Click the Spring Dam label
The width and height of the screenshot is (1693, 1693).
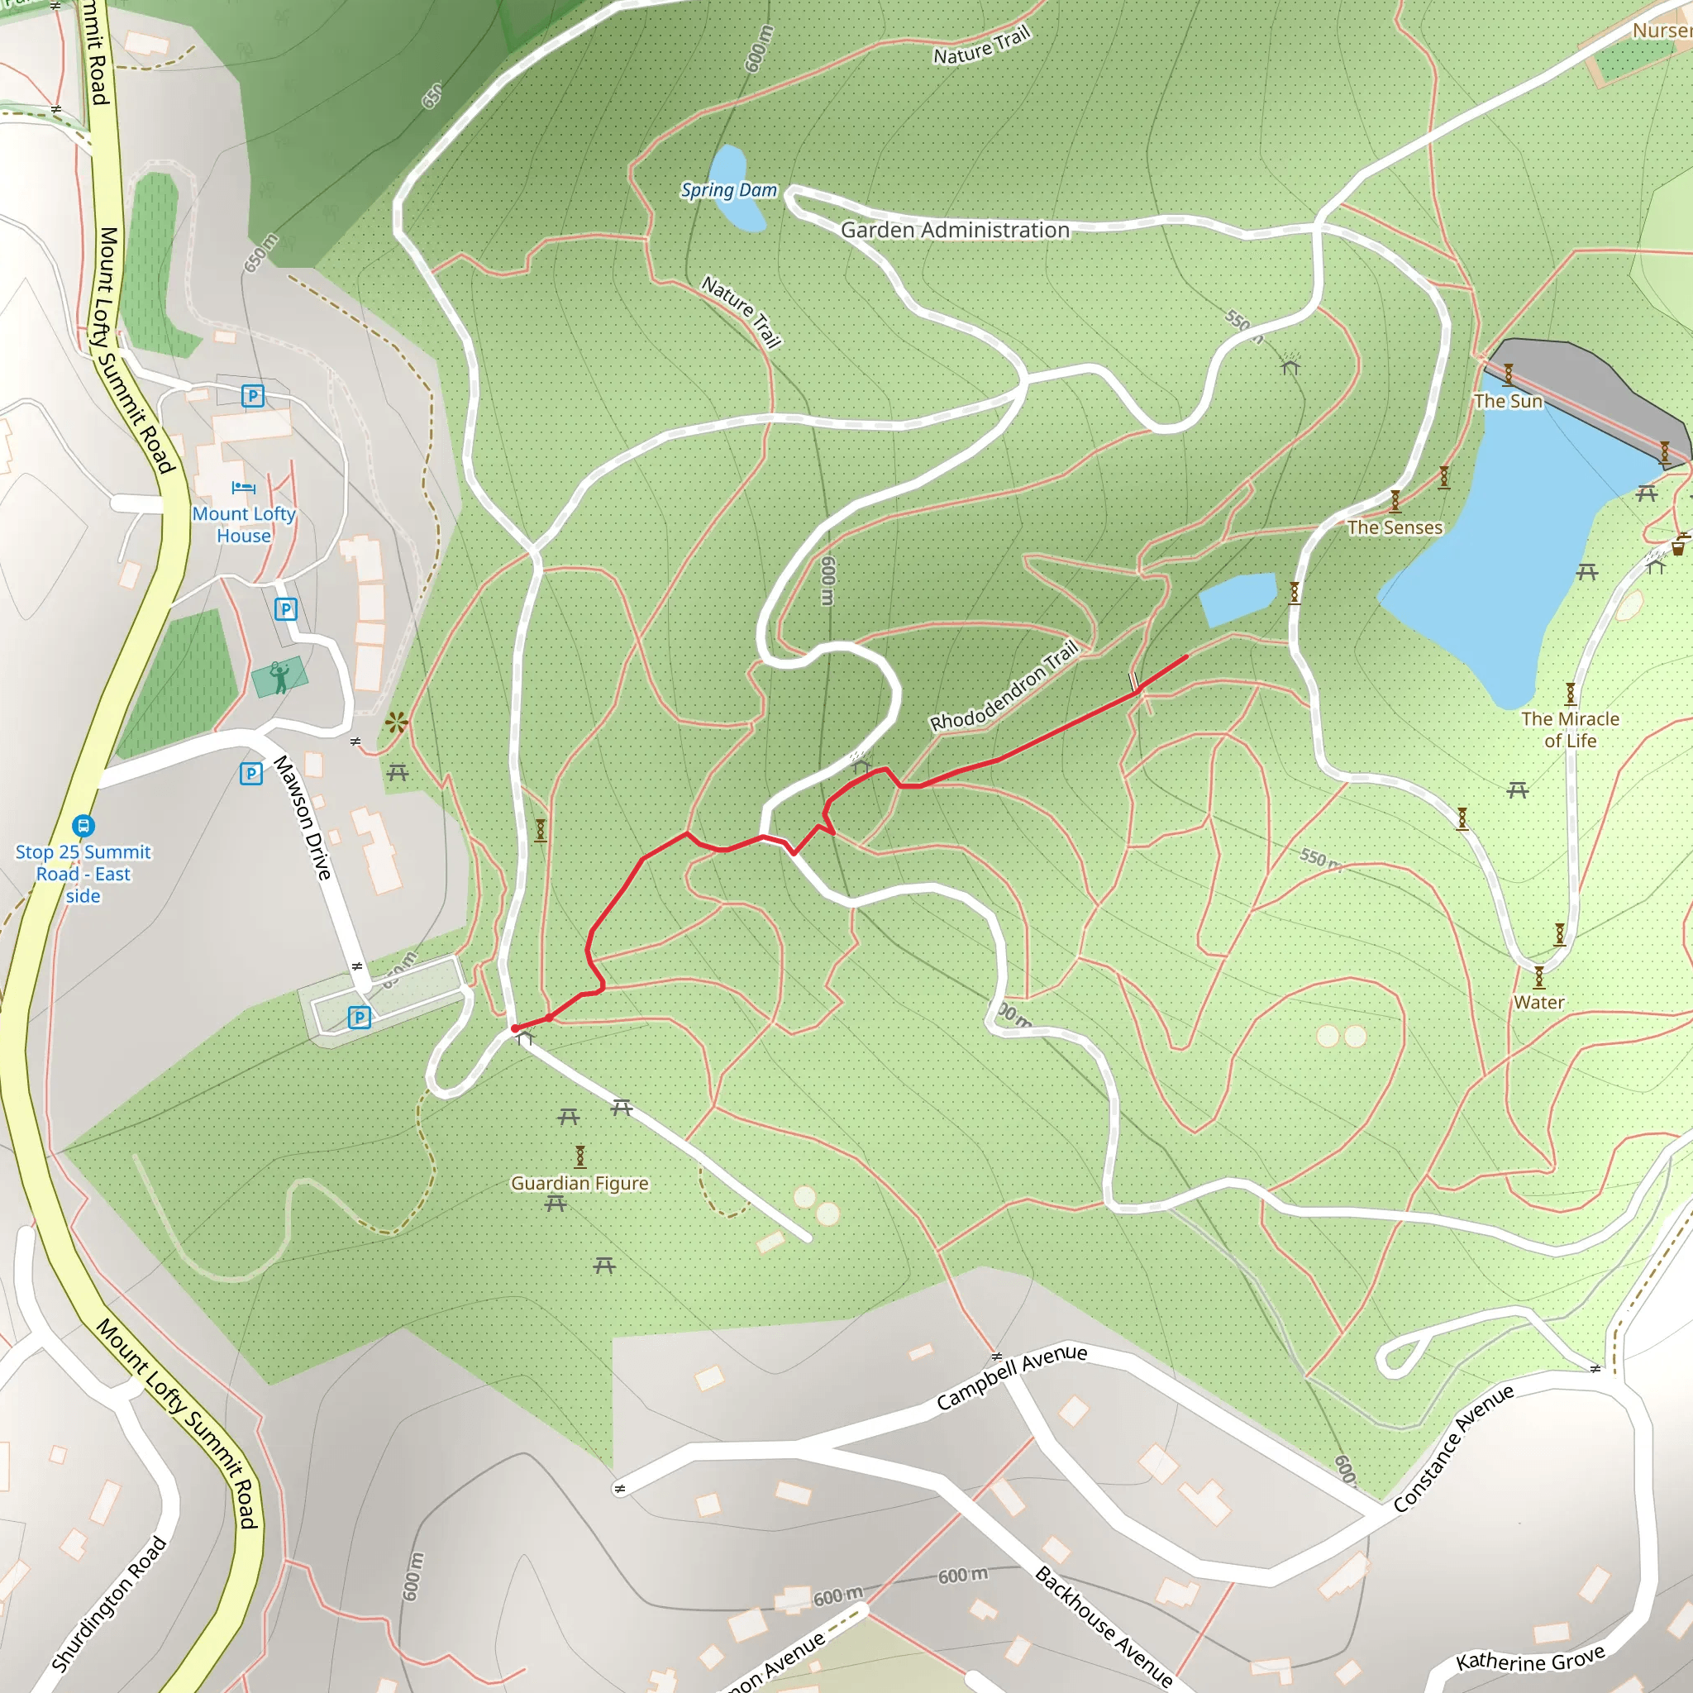pos(728,190)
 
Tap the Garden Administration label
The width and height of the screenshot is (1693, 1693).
pos(954,230)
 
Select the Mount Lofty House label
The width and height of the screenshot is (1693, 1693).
pos(244,524)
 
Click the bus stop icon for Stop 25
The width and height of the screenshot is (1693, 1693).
pos(83,826)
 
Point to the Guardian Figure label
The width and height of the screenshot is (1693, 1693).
pos(579,1183)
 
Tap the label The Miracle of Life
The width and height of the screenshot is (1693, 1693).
pos(1570,729)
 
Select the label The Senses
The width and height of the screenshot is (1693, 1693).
pos(1395,527)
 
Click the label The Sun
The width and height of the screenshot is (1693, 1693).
pos(1507,400)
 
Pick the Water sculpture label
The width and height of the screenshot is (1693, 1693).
pos(1538,1002)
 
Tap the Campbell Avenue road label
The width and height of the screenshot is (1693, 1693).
pos(1011,1376)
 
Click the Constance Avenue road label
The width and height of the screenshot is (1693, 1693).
pos(1453,1447)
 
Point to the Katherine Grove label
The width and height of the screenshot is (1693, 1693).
pos(1529,1659)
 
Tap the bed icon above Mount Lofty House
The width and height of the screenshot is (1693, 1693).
pos(244,487)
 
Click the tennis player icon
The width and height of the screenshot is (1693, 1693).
pos(279,676)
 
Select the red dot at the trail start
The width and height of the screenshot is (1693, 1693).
pos(514,1028)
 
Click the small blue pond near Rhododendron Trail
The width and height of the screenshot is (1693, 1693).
pos(1237,598)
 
